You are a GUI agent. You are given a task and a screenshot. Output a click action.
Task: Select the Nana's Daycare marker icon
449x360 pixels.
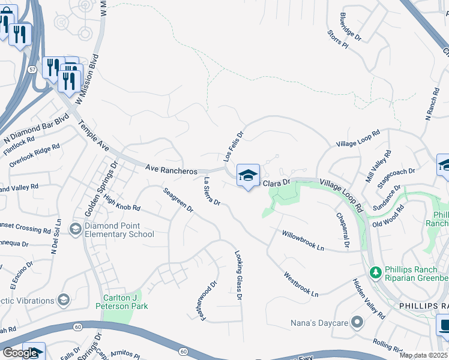tap(357, 323)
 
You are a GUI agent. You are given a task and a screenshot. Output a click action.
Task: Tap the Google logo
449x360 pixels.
tap(20, 353)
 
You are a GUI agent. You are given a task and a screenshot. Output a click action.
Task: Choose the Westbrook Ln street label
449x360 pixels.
tap(301, 285)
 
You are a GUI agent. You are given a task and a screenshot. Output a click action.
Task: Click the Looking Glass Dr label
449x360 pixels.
tap(238, 275)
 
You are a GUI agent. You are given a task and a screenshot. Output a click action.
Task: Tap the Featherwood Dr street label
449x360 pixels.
tap(209, 301)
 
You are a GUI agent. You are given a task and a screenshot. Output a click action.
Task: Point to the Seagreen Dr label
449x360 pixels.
tap(178, 200)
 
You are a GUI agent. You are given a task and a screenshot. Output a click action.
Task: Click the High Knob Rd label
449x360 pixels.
tap(121, 200)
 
